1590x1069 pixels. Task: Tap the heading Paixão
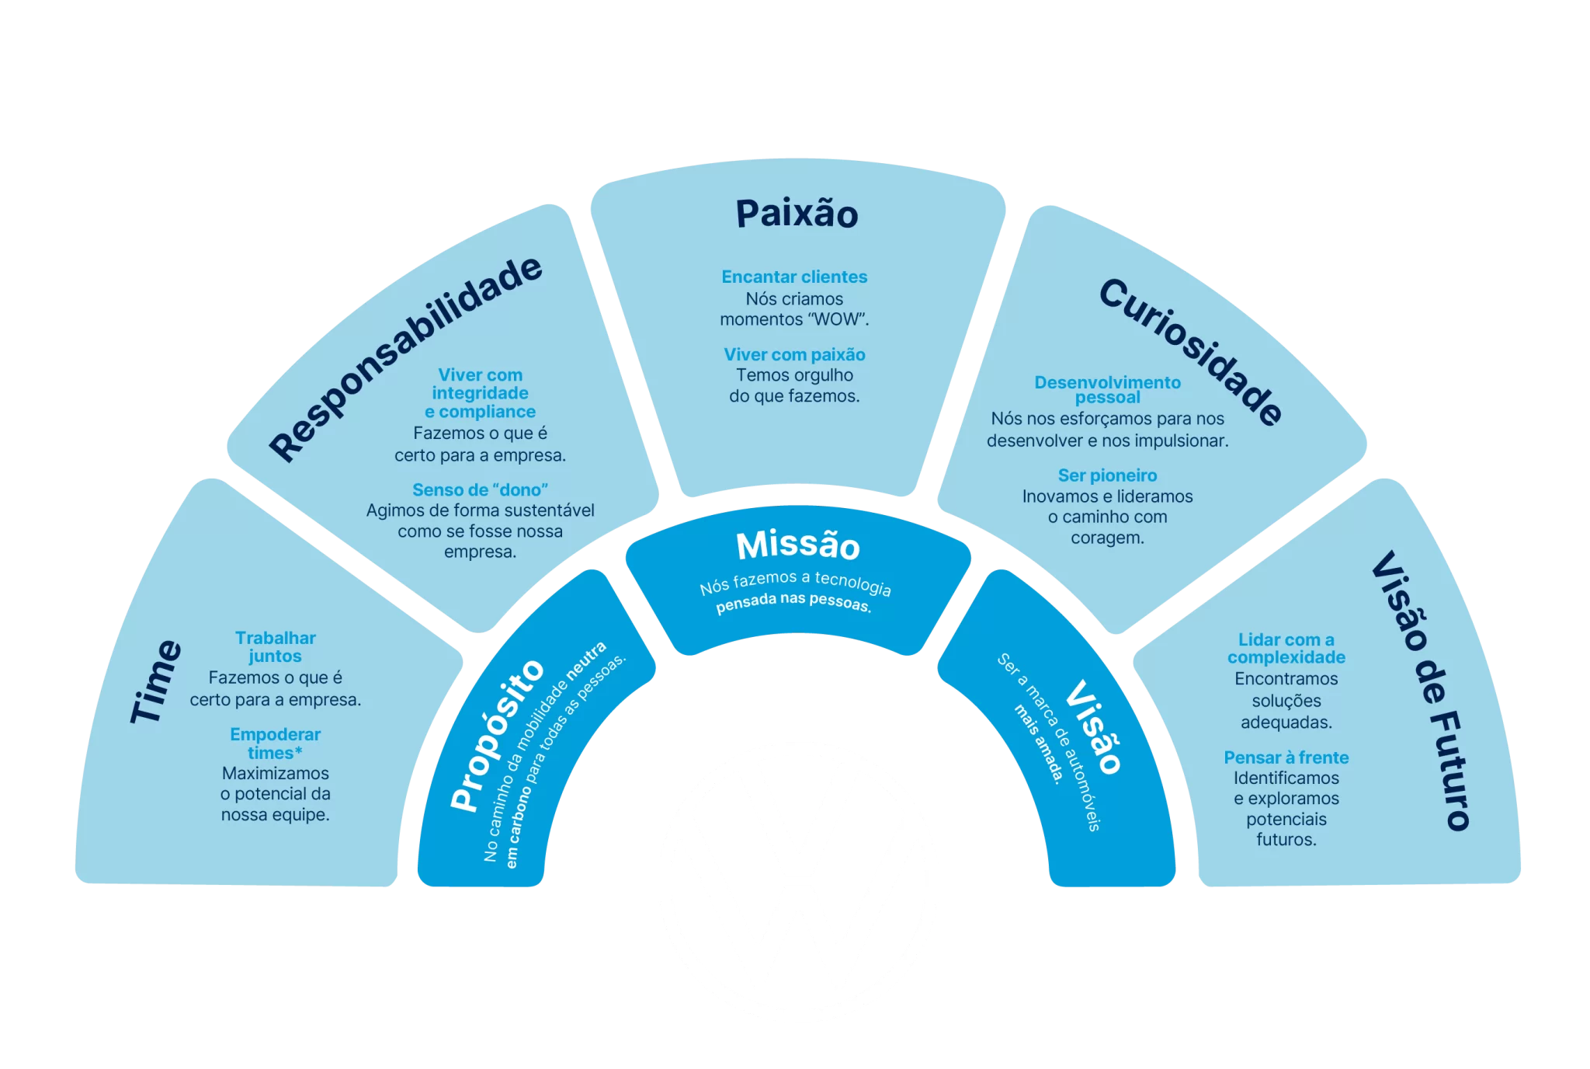797,214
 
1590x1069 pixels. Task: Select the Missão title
798,545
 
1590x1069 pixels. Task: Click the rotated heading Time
156,682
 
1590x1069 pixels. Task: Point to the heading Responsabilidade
405,358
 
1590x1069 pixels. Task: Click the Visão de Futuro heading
1421,691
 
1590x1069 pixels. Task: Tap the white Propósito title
498,734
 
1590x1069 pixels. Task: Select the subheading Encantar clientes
794,277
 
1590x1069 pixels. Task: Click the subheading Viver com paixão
794,354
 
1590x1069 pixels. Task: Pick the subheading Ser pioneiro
1107,475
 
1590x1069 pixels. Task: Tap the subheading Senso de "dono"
480,489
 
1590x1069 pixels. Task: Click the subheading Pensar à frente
1286,757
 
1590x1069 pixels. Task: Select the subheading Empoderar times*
276,743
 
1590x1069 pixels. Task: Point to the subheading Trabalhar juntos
276,646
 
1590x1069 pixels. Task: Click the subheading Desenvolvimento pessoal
1107,389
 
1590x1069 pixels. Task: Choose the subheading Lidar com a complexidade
1286,648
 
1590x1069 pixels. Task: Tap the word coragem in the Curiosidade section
1107,538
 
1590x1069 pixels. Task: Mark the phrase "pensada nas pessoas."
793,602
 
